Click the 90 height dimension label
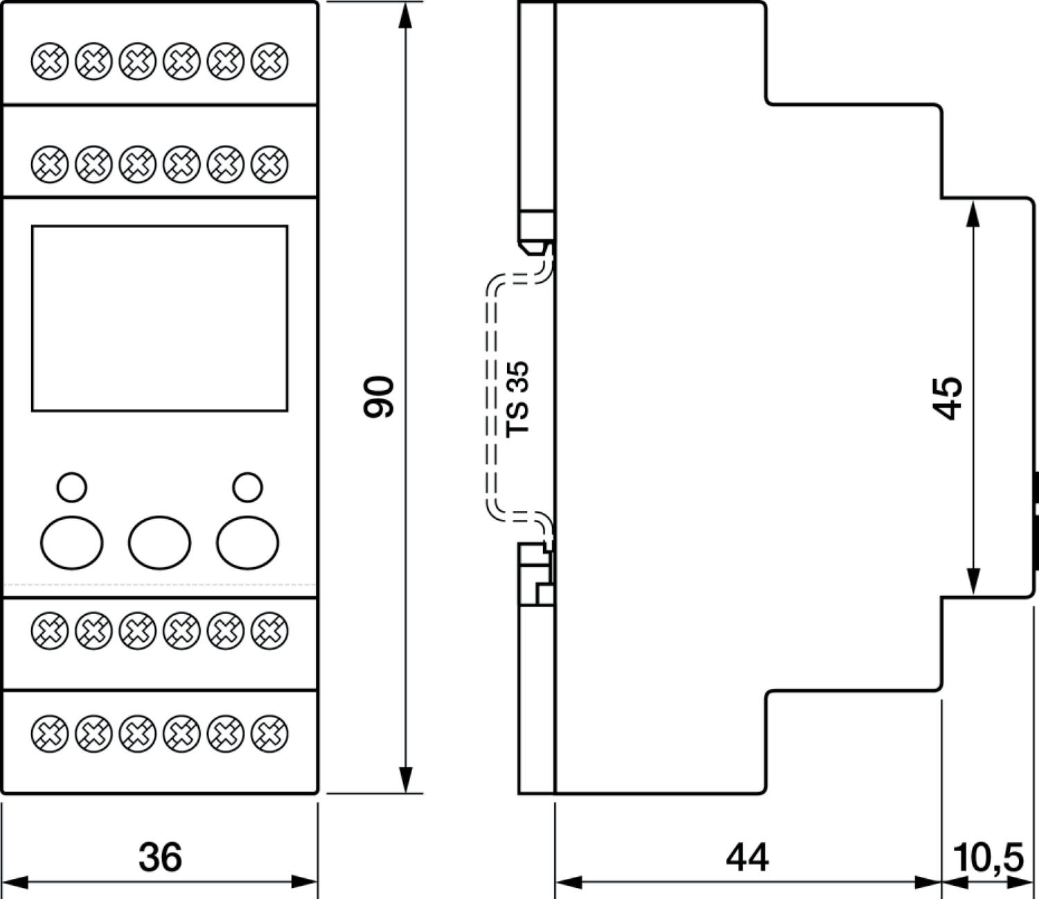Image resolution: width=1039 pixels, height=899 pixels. pyautogui.click(x=379, y=396)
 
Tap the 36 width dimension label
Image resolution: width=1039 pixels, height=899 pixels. pyautogui.click(x=160, y=857)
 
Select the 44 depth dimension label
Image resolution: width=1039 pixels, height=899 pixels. pyautogui.click(x=747, y=857)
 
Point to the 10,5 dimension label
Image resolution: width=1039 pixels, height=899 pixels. pyautogui.click(x=988, y=857)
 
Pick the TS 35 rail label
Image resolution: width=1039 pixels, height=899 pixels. pyautogui.click(x=518, y=399)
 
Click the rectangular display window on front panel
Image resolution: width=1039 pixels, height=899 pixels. pyautogui.click(x=159, y=318)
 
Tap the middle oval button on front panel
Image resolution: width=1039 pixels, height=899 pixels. pyautogui.click(x=159, y=542)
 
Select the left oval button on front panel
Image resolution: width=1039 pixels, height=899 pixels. pyautogui.click(x=72, y=542)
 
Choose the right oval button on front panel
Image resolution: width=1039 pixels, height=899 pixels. pyautogui.click(x=248, y=542)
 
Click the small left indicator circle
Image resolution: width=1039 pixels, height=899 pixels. pyautogui.click(x=72, y=487)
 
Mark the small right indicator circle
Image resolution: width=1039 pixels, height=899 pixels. pyautogui.click(x=248, y=487)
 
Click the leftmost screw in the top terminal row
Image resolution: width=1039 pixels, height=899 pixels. pyautogui.click(x=50, y=61)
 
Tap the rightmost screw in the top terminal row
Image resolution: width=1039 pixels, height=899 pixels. pyautogui.click(x=269, y=61)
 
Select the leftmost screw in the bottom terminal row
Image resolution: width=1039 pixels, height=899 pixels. pyautogui.click(x=50, y=733)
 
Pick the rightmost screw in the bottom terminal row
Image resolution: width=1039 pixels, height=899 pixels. pyautogui.click(x=269, y=733)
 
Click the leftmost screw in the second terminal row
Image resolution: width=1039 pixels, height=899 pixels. pyautogui.click(x=50, y=164)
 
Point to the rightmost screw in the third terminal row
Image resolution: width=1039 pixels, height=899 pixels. pyautogui.click(x=269, y=631)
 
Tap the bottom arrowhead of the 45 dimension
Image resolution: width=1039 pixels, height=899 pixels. pyautogui.click(x=973, y=582)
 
